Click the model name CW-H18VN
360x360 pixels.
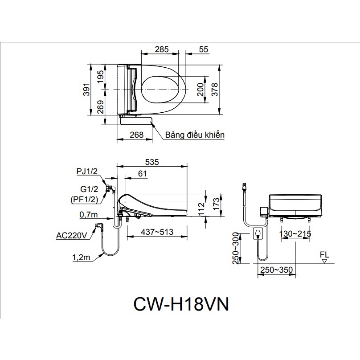(x=181, y=306)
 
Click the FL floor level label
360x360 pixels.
(x=324, y=254)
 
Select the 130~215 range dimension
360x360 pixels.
(x=295, y=234)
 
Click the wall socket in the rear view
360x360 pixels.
(x=257, y=233)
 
